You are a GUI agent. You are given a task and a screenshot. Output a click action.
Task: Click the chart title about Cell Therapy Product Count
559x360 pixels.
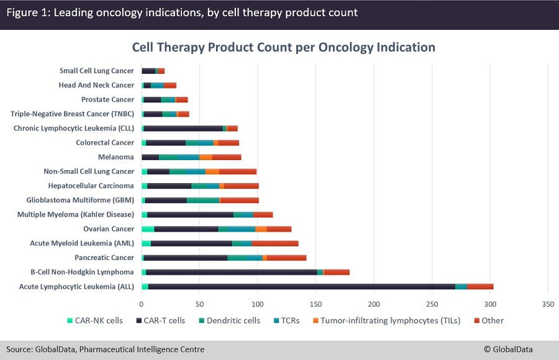point(283,48)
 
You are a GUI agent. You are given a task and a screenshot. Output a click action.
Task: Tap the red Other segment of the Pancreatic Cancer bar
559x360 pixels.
point(286,258)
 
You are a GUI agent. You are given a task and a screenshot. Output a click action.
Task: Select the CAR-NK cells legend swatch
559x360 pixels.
point(70,321)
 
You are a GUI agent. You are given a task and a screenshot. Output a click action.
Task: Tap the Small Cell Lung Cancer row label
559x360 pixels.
point(96,71)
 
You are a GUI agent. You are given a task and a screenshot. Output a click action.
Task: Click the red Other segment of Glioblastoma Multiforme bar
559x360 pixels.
point(239,200)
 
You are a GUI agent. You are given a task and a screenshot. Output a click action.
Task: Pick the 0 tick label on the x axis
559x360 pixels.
point(141,304)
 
